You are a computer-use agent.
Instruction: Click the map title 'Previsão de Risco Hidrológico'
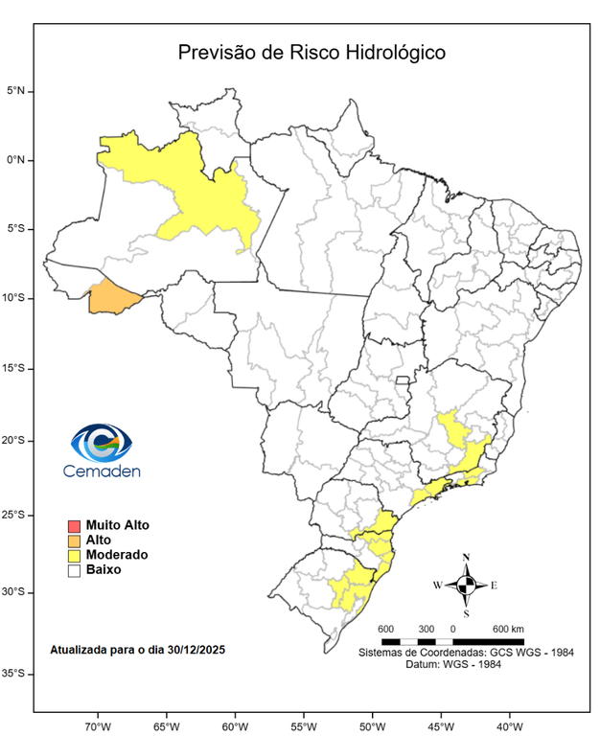[x=312, y=52]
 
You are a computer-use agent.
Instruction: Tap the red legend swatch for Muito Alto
[x=73, y=526]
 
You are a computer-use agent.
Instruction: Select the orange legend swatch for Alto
[x=73, y=540]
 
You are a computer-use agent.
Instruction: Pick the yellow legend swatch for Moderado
[x=73, y=555]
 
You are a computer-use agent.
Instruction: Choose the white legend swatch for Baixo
[x=73, y=569]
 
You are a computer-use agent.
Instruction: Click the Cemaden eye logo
[x=102, y=443]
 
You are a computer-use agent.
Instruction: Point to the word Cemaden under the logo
[x=102, y=471]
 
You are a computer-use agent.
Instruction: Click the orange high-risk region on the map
[x=113, y=298]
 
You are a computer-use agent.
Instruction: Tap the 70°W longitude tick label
[x=98, y=724]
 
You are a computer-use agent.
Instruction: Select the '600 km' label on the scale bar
[x=508, y=629]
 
